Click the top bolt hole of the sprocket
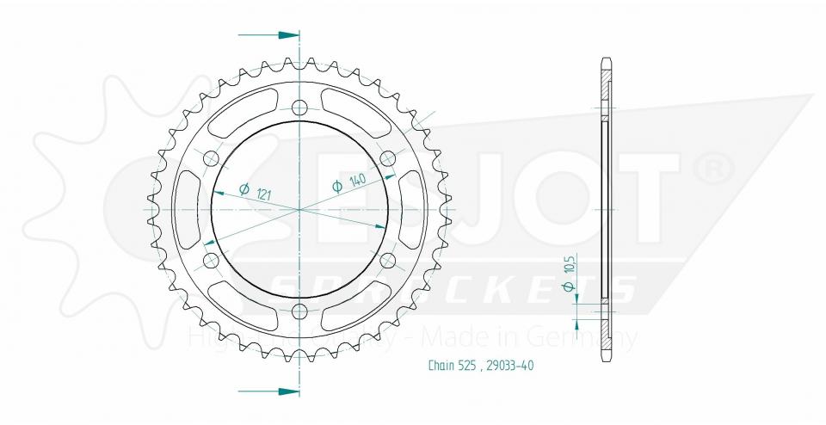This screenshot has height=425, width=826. coord(299,108)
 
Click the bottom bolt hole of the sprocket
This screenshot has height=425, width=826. coord(299,311)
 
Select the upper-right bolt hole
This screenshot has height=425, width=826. coord(387,158)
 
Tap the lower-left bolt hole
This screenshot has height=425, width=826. coord(211,260)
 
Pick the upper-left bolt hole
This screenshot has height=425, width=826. coord(211,158)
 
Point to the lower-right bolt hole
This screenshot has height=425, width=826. coord(387,260)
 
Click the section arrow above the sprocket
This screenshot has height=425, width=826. coord(268,35)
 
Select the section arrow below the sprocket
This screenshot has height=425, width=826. coord(268,391)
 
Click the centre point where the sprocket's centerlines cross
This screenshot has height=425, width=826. coord(299,209)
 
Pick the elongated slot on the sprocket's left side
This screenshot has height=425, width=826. coord(185,209)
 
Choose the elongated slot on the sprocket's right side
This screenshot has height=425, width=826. coord(413,209)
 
